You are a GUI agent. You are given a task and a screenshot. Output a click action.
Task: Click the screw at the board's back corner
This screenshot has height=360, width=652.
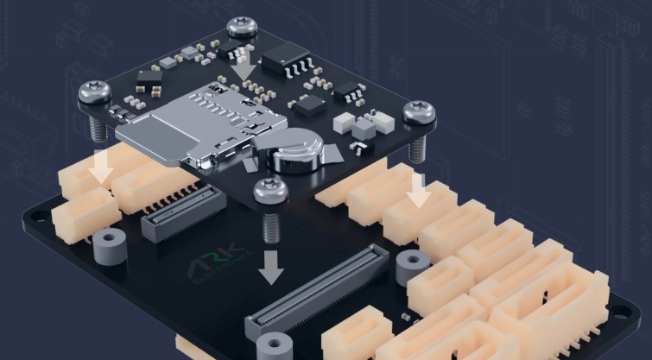tap(241, 26)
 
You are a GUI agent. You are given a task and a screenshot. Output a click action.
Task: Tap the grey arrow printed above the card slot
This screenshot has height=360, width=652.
tap(244, 63)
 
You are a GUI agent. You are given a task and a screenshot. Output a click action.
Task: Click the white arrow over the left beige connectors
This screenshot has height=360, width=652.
tap(101, 167)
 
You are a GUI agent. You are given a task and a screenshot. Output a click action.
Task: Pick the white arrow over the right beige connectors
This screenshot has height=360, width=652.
tap(419, 189)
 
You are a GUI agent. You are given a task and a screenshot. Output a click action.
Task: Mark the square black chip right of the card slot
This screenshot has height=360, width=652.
tap(308, 106)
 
